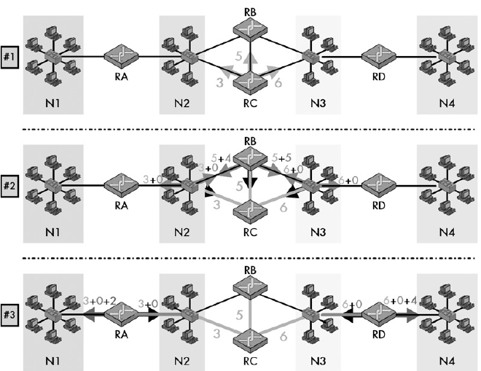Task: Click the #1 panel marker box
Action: click(x=9, y=58)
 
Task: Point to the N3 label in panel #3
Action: click(x=318, y=359)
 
